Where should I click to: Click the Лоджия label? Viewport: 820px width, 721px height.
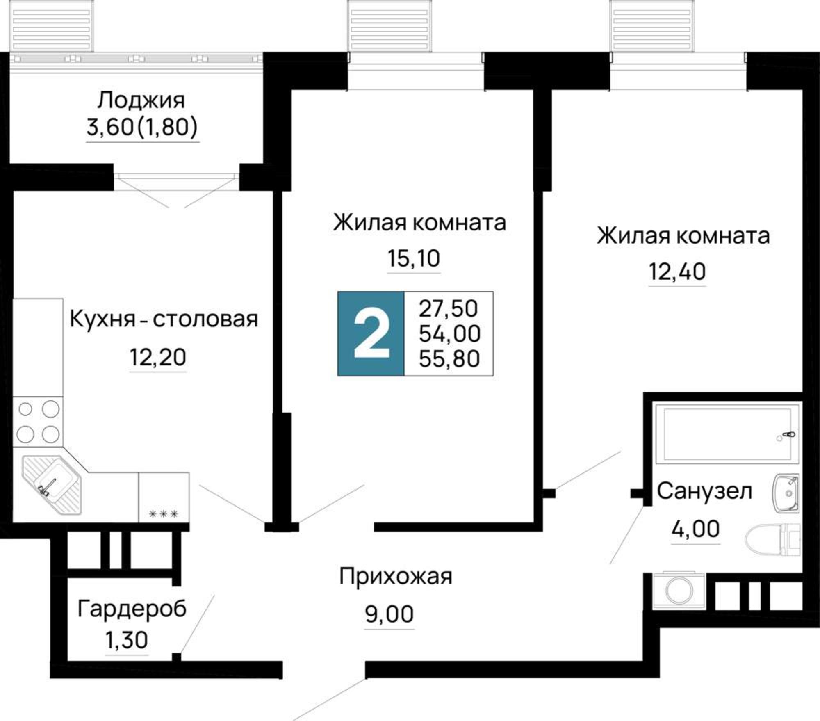point(141,100)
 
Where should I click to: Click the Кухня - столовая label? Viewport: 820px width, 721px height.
point(164,319)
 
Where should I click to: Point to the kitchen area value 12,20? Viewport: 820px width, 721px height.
point(158,357)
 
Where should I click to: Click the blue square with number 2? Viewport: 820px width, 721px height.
point(371,333)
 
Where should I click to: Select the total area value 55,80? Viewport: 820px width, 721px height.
point(449,359)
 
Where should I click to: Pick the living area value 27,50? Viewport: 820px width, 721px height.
point(448,308)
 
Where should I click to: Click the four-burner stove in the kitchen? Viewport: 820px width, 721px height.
point(38,422)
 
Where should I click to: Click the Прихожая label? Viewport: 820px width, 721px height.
point(396,576)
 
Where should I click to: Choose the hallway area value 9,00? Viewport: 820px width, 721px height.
point(389,614)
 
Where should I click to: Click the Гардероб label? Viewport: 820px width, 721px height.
point(132,609)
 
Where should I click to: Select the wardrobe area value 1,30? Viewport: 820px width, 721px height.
point(126,640)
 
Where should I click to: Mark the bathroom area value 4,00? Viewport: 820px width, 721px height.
point(695,529)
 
